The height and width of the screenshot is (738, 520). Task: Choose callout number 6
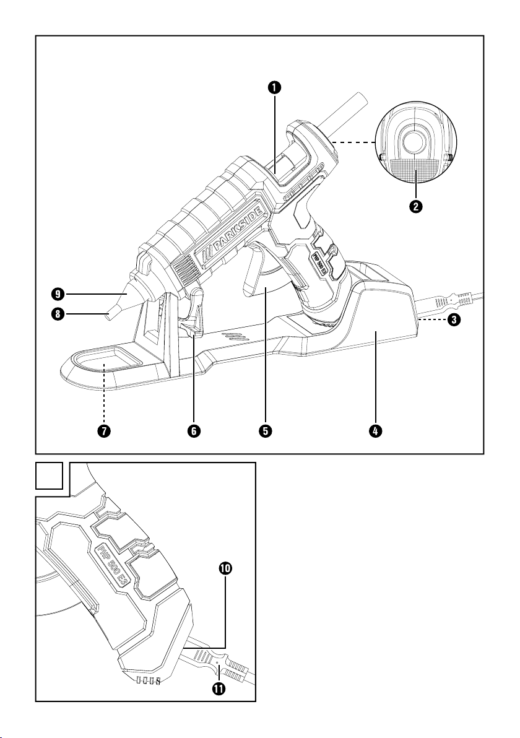194,432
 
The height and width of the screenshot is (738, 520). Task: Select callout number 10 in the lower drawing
224,569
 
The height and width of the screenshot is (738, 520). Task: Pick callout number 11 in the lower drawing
218,687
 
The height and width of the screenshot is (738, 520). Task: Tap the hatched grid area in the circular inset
416,168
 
